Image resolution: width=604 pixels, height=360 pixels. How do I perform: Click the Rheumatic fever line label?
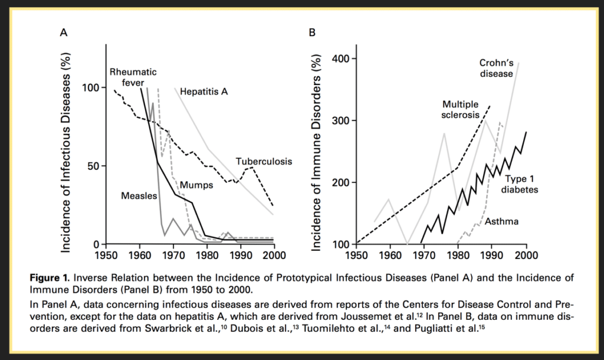(133, 77)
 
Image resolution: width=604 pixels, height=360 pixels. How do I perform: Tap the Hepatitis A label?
(203, 91)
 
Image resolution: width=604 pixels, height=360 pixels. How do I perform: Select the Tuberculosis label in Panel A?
(264, 162)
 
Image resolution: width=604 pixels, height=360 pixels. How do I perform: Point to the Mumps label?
(196, 185)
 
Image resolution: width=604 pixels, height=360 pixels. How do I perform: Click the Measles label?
(139, 196)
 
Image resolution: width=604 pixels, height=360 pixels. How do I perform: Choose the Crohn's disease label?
(497, 68)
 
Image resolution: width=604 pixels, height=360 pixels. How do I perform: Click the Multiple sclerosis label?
(460, 109)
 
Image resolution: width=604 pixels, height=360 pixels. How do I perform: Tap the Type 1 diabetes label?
(519, 184)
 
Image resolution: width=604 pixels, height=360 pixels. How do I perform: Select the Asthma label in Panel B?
(501, 221)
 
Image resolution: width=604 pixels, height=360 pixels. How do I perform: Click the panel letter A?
(64, 33)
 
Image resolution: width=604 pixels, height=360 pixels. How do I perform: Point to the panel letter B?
(312, 33)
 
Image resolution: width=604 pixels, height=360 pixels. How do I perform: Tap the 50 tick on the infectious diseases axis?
(94, 166)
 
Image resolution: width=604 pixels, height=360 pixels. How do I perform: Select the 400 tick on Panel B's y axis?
(340, 59)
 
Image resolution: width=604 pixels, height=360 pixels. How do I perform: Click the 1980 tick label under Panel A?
(207, 255)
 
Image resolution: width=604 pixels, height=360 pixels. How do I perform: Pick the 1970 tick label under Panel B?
(424, 255)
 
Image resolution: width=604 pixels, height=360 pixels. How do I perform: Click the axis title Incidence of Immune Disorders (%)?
(316, 152)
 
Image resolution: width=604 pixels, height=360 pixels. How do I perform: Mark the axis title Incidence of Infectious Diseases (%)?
(66, 152)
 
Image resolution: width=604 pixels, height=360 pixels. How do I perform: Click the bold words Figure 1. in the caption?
(50, 278)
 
